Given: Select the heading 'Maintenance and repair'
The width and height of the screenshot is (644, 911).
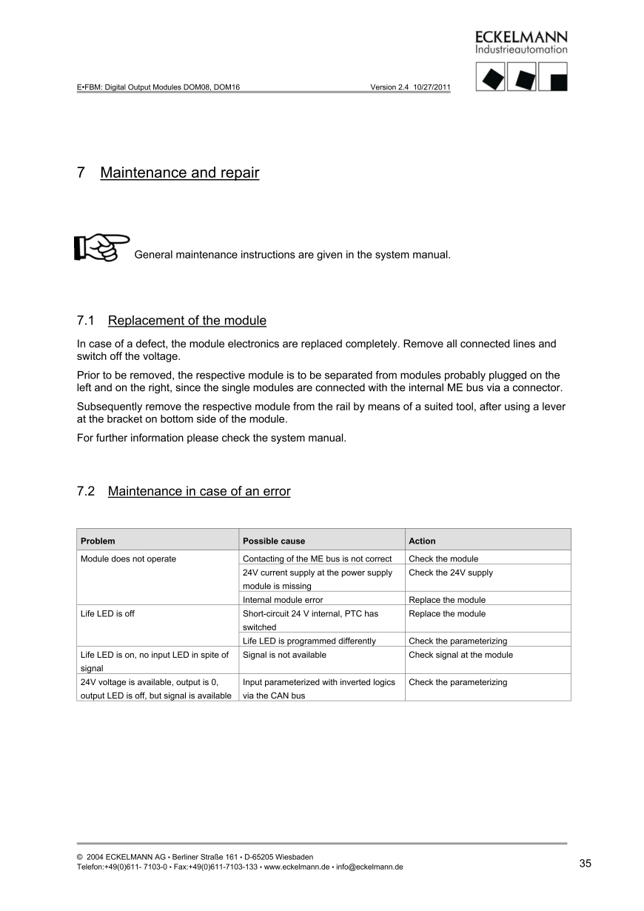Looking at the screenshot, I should pos(179,173).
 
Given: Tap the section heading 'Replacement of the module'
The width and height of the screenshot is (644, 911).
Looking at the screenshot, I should pos(187,321).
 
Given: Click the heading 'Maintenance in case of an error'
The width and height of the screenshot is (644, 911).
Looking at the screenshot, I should pos(198,492).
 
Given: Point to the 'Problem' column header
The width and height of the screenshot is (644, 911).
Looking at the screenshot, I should pos(98,541).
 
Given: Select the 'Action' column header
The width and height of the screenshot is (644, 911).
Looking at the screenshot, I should pos(422,541).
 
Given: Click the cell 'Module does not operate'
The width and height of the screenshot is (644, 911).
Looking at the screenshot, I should pos(128,559).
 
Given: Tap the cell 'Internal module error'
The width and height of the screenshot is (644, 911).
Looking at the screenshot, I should pos(283,600).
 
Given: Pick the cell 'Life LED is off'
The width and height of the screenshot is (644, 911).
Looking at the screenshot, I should pos(107,614).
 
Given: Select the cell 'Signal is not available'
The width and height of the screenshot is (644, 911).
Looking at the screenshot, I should pos(284,655).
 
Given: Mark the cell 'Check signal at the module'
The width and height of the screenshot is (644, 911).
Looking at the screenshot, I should pos(460,655).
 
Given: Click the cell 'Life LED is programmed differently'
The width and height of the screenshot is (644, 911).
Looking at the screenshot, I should pos(309,641).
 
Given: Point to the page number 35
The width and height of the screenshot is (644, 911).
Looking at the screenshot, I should pos(585,863).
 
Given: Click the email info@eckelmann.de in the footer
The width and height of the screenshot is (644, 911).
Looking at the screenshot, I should pos(369,867).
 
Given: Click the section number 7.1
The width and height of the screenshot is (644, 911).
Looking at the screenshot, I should pos(87,321).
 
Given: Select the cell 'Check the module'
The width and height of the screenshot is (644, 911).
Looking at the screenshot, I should pos(443,559).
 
